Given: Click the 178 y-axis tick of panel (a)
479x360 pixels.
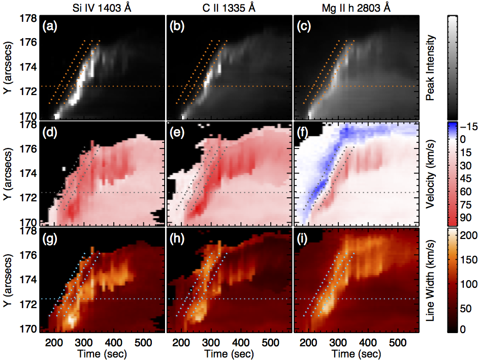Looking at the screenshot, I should [x=31, y=18].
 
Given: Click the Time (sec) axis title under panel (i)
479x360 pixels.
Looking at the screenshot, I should [x=356, y=351].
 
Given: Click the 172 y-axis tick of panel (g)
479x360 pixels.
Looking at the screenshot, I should [x=31, y=304].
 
